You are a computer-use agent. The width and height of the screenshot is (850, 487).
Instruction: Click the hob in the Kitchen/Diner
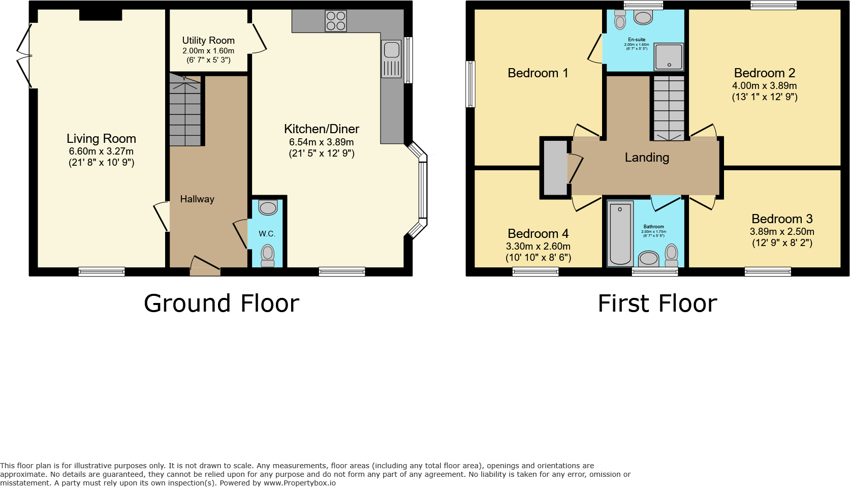click(x=336, y=21)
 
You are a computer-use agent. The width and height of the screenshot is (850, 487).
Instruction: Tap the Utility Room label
click(x=208, y=40)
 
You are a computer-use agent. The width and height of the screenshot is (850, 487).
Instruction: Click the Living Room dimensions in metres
click(x=101, y=151)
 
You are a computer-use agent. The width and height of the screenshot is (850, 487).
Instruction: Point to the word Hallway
click(x=197, y=199)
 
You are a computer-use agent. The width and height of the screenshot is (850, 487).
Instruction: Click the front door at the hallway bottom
click(x=205, y=266)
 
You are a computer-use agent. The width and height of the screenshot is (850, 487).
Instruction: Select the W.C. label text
click(x=267, y=234)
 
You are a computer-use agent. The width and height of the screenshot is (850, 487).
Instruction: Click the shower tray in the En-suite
click(x=669, y=56)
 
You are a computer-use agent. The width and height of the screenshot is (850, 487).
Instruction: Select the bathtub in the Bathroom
click(x=620, y=233)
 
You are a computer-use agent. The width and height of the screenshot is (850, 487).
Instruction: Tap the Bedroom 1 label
click(x=538, y=73)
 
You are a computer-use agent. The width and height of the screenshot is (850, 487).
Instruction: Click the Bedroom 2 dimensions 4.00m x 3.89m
click(x=764, y=86)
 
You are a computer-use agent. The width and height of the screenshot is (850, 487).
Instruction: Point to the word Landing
click(x=647, y=158)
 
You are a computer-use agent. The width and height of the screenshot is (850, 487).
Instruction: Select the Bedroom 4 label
click(x=538, y=234)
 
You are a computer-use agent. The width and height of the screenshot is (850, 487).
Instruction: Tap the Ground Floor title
click(x=222, y=303)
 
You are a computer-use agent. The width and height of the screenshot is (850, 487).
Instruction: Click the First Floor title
click(x=657, y=303)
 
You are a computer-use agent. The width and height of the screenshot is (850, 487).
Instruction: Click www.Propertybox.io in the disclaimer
click(x=299, y=483)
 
